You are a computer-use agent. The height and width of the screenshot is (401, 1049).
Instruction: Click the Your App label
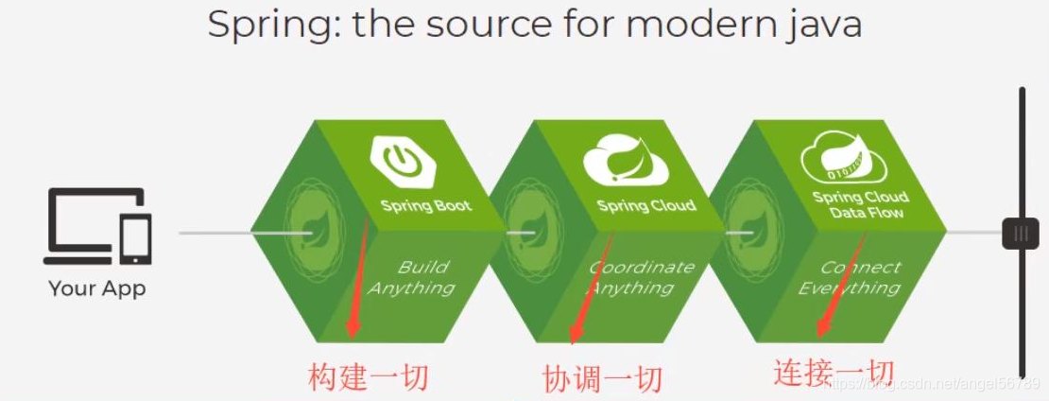(97, 288)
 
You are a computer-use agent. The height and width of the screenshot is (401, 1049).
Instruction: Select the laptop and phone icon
(97, 226)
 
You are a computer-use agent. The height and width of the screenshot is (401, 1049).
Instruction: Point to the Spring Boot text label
(425, 205)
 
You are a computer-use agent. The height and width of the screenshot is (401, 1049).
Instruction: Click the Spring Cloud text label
(646, 205)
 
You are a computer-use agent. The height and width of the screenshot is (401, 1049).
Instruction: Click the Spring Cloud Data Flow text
(860, 205)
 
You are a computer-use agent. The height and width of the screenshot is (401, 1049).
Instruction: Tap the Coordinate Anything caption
(640, 278)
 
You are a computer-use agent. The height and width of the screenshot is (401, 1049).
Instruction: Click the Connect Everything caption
(850, 278)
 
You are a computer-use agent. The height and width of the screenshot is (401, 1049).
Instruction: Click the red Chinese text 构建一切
(369, 377)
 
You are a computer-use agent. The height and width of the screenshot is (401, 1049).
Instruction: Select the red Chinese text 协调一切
(602, 379)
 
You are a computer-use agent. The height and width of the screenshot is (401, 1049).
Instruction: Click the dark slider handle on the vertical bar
(1021, 233)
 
